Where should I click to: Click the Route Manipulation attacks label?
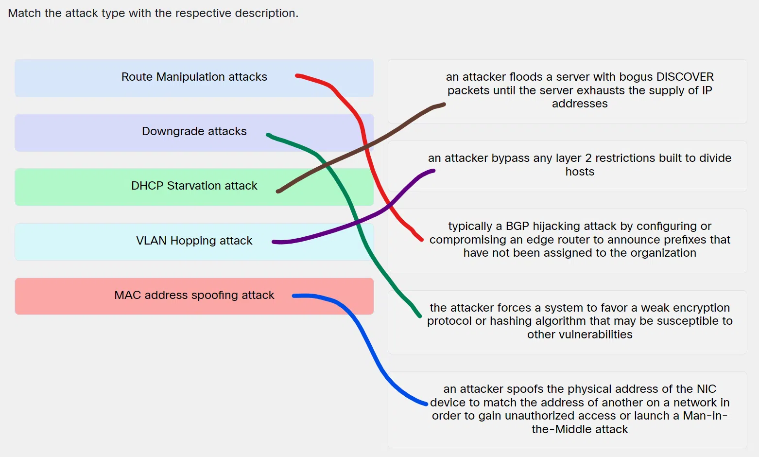click(194, 77)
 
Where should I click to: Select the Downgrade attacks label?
click(194, 131)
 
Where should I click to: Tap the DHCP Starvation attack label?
click(194, 186)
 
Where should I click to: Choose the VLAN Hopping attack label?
click(194, 240)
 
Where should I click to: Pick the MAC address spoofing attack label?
click(194, 295)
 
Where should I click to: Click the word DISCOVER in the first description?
click(685, 77)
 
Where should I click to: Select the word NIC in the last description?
click(707, 389)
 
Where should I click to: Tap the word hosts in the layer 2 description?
click(580, 172)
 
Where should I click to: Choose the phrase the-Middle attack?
click(580, 429)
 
